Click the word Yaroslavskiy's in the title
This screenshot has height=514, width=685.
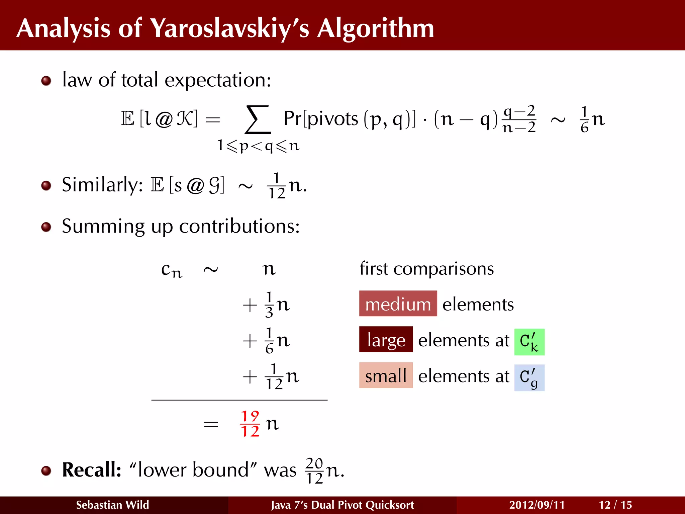(x=229, y=28)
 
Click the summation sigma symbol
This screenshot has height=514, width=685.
(x=258, y=119)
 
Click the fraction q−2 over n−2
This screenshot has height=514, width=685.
(x=519, y=119)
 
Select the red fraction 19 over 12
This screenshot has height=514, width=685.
(x=250, y=424)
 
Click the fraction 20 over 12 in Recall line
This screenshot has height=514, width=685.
(x=314, y=470)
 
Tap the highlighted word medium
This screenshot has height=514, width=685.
(x=398, y=304)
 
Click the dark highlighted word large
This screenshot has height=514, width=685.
(x=386, y=340)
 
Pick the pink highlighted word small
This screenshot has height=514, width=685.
(x=386, y=375)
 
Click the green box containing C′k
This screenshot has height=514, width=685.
(x=529, y=342)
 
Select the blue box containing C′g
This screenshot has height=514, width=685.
(x=529, y=377)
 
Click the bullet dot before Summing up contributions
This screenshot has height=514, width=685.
(x=46, y=227)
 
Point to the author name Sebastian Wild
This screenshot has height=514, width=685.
(x=112, y=505)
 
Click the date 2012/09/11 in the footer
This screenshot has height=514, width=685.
(x=537, y=505)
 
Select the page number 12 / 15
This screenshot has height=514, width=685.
(x=615, y=505)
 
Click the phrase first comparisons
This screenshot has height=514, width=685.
(x=426, y=269)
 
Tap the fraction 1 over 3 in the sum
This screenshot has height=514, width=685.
(x=269, y=305)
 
